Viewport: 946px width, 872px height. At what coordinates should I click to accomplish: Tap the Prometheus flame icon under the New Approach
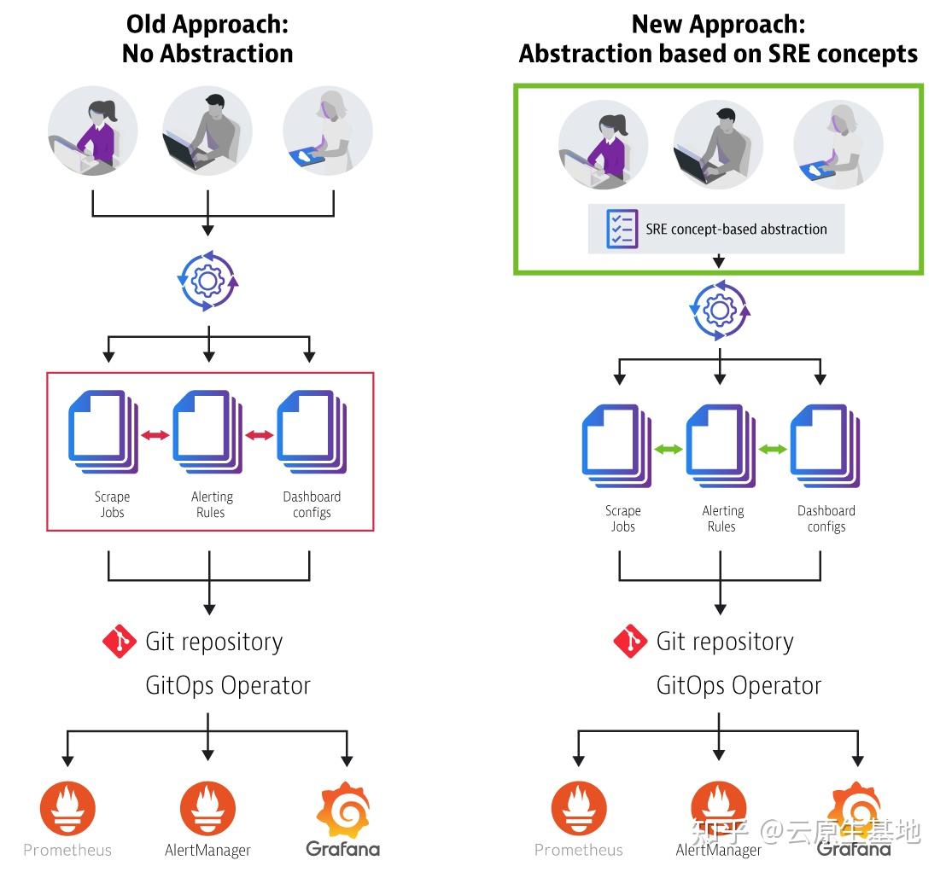pos(579,809)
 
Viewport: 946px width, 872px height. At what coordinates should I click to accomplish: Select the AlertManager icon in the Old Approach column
pos(207,809)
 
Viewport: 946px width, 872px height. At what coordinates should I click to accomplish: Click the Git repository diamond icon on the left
pos(120,641)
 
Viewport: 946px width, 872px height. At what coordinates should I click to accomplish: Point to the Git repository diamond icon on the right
pos(630,641)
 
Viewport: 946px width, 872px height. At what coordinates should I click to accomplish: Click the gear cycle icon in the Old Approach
pos(208,281)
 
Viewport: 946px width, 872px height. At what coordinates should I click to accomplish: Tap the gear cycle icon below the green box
pos(719,311)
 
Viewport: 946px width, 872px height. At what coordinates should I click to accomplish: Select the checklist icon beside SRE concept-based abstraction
pos(622,230)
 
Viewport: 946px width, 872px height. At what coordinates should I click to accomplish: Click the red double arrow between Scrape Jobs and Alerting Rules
pos(155,435)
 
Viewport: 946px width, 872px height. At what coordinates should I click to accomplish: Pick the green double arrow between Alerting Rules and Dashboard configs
pos(772,449)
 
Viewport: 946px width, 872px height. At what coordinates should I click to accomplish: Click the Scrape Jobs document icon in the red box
pos(103,432)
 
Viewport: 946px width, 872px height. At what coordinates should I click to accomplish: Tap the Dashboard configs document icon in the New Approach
pos(825,445)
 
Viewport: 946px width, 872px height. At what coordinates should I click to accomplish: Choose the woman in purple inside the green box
pos(604,145)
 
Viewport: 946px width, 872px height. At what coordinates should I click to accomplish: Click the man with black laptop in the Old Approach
pos(207,131)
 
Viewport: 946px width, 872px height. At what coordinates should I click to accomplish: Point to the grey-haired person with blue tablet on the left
pos(328,131)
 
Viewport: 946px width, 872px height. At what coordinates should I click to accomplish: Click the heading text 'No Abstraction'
pos(207,54)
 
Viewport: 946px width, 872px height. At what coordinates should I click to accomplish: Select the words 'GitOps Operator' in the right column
pos(739,686)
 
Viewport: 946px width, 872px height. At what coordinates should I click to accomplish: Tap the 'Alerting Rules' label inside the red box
pos(212,504)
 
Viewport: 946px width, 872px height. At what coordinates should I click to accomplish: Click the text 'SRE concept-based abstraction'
pos(736,230)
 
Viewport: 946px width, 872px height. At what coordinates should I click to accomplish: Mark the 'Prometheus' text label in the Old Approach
pos(67,850)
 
